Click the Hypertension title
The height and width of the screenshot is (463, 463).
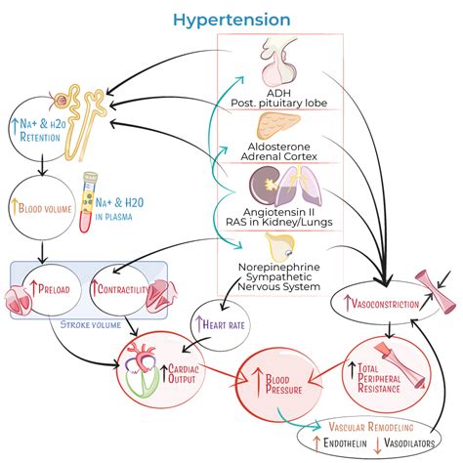[231, 21]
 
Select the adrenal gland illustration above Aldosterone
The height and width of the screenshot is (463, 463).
[277, 126]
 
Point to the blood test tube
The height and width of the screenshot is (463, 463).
[89, 202]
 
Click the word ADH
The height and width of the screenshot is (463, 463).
[278, 94]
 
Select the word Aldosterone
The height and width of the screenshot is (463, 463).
[278, 147]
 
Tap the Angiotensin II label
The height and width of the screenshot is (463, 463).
[278, 212]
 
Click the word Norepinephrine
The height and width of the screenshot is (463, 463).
[279, 267]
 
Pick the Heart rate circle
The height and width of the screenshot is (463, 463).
[221, 324]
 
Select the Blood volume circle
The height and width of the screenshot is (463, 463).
[41, 208]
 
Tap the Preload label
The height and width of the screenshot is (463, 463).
[54, 289]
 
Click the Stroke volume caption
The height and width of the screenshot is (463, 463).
[91, 324]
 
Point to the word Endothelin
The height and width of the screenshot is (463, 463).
[345, 442]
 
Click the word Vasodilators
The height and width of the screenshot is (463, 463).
[409, 442]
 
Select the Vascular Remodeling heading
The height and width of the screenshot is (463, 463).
[371, 427]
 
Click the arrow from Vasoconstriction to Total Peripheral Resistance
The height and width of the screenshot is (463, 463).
[390, 330]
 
